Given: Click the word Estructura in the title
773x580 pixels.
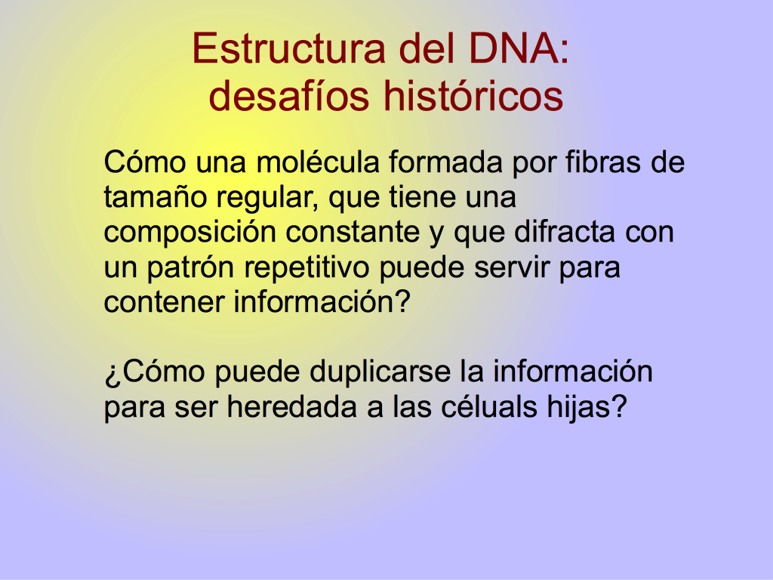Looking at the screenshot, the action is click(288, 48).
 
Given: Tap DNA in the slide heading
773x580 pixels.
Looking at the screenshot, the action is click(513, 48).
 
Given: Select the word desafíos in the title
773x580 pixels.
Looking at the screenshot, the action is click(289, 95).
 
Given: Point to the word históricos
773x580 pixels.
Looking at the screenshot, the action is click(473, 95).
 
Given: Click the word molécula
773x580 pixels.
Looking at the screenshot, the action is click(318, 162).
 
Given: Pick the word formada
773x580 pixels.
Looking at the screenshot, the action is click(445, 162).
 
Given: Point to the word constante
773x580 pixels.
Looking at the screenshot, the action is click(353, 233).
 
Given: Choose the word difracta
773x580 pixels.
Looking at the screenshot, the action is click(565, 232).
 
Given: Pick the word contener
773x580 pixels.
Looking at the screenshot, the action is click(164, 302).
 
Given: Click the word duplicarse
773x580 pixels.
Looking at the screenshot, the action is click(380, 373).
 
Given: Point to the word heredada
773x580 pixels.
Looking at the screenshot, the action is click(291, 407).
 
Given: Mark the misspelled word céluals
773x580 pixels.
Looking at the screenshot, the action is click(489, 407).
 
